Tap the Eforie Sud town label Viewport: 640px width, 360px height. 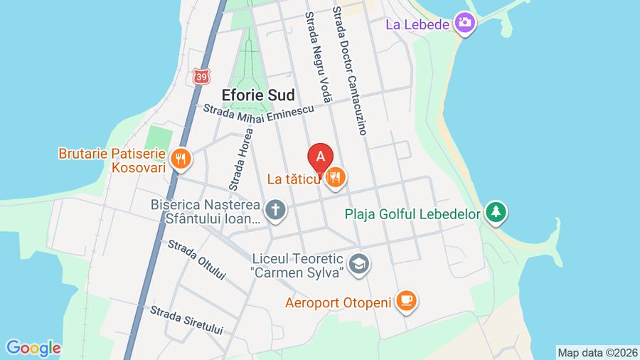(258, 95)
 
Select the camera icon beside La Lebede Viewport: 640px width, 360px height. (465, 23)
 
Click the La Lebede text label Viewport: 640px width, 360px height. (417, 24)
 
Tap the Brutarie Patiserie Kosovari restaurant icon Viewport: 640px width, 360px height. (181, 159)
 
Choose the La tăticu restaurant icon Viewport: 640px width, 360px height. (336, 179)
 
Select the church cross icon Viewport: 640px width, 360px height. (274, 210)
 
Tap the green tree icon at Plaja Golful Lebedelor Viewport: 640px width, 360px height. (496, 212)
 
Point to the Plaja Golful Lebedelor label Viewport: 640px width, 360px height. (414, 213)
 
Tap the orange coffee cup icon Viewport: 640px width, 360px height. (406, 302)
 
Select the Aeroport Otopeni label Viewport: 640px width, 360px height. (338, 303)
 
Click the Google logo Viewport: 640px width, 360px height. (33, 348)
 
